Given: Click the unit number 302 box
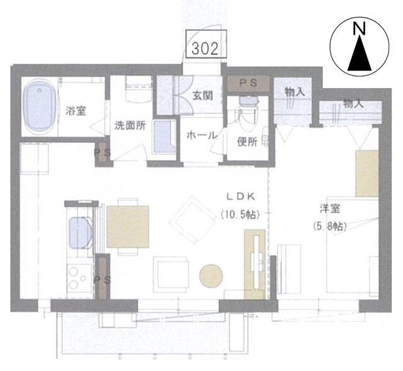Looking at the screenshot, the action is (x=206, y=43).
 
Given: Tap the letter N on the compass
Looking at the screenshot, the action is (x=360, y=28).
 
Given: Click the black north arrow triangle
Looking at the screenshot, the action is (x=360, y=53).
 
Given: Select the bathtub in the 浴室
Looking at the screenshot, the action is (x=40, y=108).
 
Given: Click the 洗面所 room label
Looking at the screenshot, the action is (x=130, y=125).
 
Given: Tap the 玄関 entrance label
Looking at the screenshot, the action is (x=203, y=96).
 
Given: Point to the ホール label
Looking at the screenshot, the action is (x=201, y=135).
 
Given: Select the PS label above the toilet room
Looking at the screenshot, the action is (x=248, y=83).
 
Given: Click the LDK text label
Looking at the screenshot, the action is (x=241, y=197).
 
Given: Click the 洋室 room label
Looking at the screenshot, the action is (x=330, y=208).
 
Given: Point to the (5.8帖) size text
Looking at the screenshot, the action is (x=330, y=226).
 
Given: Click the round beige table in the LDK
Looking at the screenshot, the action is (x=212, y=276).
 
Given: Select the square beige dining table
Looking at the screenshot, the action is (x=128, y=227).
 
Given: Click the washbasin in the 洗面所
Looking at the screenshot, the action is (x=164, y=137).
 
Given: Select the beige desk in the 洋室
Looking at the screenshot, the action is (x=366, y=174).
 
